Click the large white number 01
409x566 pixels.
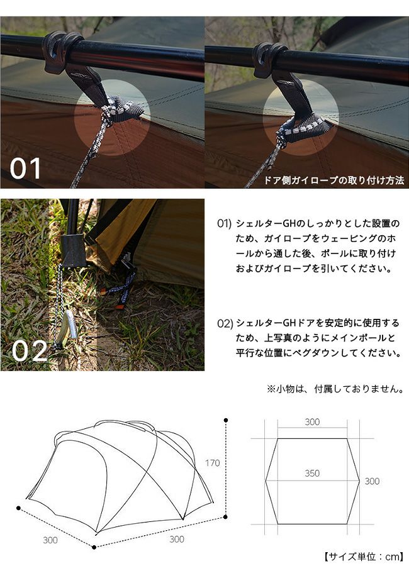pos(25,169)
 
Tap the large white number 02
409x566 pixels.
pos(30,351)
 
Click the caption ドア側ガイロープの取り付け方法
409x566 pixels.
pos(334,180)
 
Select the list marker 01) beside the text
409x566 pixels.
pos(224,223)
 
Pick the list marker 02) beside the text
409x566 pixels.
pos(225,323)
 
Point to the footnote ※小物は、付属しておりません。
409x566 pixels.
pos(335,389)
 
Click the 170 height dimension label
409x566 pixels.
pos(213,463)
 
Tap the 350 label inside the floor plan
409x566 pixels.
pos(312,473)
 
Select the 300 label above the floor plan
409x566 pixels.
pos(312,422)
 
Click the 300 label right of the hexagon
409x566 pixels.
pos(372,481)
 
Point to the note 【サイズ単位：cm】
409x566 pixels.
pos(362,557)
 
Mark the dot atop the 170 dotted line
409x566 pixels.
pos(226,420)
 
